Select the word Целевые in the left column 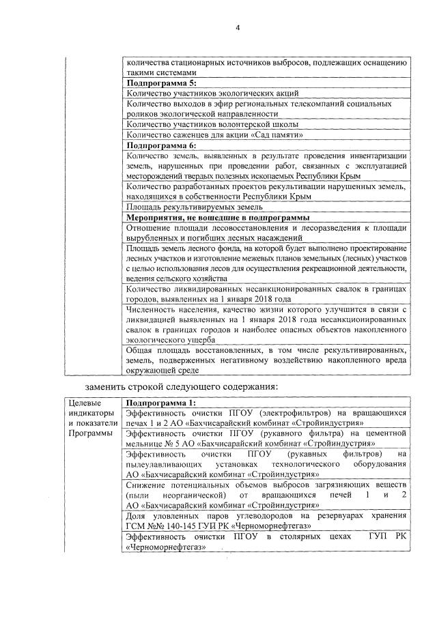pyautogui.click(x=85, y=403)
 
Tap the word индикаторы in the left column pyautogui.click(x=88, y=413)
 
